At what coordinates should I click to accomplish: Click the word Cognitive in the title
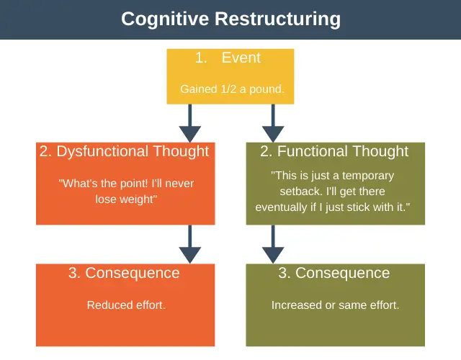click(165, 19)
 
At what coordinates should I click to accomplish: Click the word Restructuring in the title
click(277, 19)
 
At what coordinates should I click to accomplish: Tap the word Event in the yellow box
click(241, 58)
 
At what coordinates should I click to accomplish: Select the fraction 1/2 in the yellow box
click(228, 89)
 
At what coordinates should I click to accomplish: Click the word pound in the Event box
click(266, 89)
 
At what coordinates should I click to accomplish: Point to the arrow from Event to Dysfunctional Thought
click(190, 123)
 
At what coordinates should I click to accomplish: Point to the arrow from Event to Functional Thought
click(273, 123)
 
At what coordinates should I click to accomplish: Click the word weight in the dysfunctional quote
click(137, 199)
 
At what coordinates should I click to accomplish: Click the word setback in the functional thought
click(301, 192)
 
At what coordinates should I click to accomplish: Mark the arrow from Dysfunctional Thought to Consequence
click(190, 244)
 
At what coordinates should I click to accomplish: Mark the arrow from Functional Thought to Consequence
click(273, 244)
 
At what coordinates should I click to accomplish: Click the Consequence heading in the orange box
click(133, 274)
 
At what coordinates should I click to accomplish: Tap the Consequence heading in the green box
click(343, 274)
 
